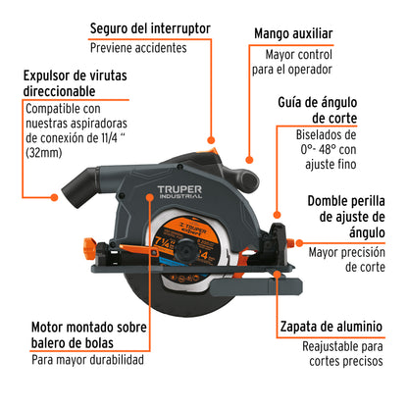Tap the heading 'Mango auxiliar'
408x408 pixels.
click(294, 34)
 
